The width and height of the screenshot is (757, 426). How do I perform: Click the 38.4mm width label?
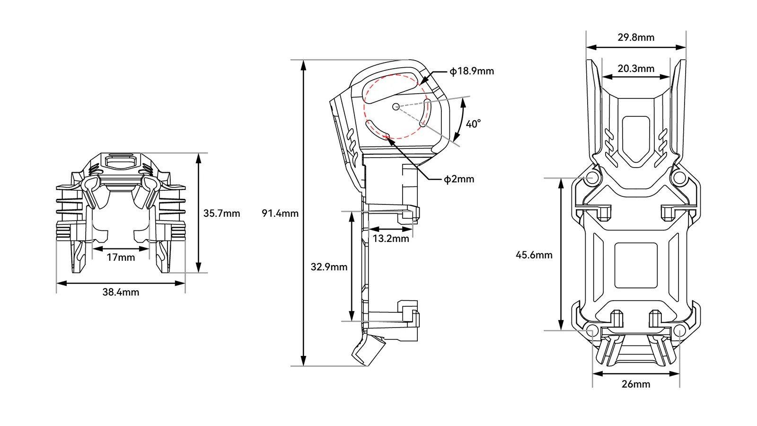(121, 292)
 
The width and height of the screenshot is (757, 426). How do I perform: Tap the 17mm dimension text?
(121, 257)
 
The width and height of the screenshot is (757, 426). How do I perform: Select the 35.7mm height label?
(222, 213)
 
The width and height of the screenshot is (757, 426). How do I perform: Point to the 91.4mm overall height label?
(280, 213)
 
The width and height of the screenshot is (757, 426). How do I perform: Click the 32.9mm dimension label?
(329, 267)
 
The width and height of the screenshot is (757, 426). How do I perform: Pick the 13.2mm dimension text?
(391, 239)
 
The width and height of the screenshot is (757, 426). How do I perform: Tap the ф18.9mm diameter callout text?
(472, 71)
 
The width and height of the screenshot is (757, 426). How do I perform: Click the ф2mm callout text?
(459, 179)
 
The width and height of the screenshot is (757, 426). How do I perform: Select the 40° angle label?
(473, 124)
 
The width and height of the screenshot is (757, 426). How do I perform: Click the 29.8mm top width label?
(636, 37)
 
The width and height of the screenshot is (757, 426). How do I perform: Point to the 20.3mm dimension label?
(636, 69)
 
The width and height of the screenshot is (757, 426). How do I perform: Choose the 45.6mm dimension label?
(534, 255)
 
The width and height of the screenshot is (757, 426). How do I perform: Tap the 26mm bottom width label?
(636, 384)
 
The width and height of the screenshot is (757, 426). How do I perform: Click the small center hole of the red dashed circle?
(396, 107)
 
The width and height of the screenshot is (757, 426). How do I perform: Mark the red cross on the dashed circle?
(386, 137)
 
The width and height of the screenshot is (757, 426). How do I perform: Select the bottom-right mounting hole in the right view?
(679, 330)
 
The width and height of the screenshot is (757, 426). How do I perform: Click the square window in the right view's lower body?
(636, 266)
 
